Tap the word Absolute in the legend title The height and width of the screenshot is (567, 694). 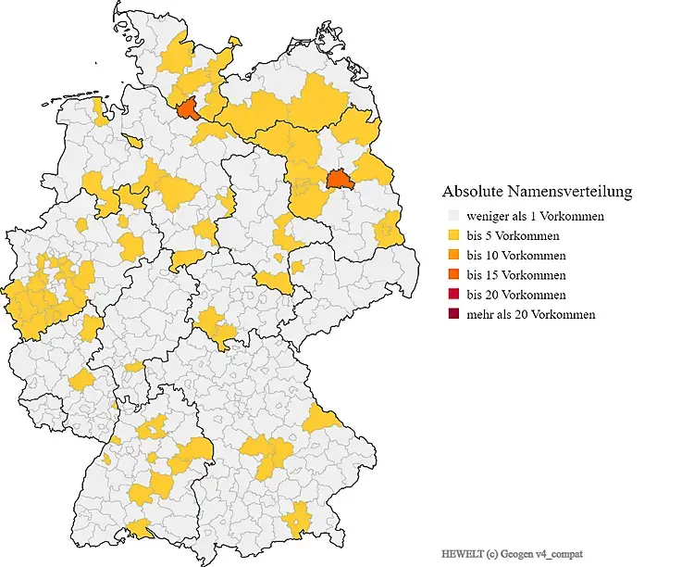coord(473,192)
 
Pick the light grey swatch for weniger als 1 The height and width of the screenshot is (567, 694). coord(453,216)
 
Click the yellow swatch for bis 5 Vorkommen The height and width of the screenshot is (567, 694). coord(453,235)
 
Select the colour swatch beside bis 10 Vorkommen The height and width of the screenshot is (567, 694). coord(453,255)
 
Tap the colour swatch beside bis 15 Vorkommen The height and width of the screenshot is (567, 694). coord(453,275)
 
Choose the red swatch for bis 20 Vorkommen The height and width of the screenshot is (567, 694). coord(453,295)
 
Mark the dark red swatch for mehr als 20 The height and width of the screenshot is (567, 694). coord(453,314)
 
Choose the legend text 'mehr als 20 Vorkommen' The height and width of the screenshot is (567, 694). coord(531,314)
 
